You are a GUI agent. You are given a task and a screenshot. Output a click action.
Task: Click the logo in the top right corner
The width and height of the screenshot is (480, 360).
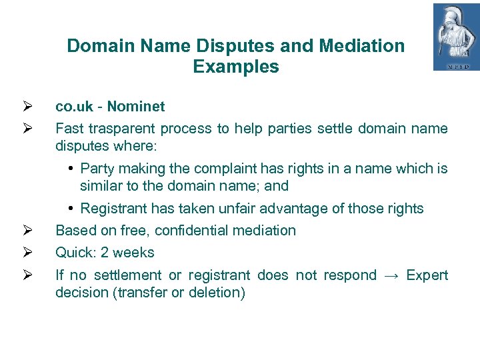[456, 37]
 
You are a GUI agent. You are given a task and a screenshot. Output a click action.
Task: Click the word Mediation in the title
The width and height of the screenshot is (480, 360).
[361, 46]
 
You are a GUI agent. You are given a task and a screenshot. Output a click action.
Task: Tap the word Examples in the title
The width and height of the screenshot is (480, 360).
[236, 67]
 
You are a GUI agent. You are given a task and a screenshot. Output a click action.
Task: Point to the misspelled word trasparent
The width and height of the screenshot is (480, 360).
[119, 128]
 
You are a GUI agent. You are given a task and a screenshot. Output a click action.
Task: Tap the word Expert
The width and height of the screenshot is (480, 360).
[427, 275]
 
